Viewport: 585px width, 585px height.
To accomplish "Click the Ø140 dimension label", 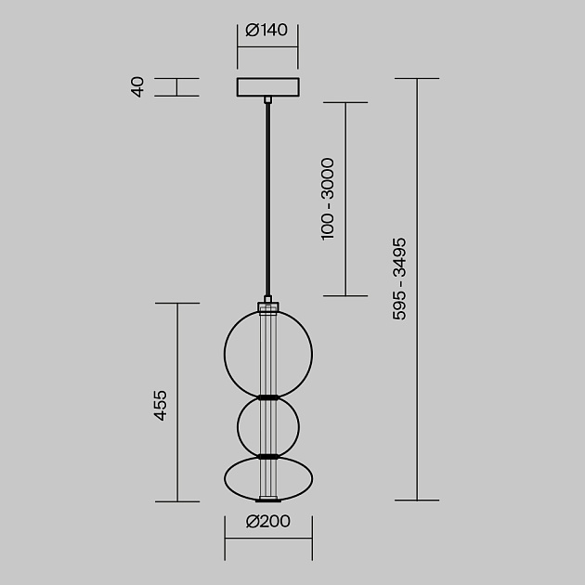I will point(267,31).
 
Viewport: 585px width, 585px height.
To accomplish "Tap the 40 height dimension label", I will point(138,87).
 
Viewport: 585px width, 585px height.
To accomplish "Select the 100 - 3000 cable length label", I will point(327,200).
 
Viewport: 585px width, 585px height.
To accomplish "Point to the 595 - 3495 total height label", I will point(399,279).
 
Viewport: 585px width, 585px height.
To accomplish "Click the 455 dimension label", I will point(160,405).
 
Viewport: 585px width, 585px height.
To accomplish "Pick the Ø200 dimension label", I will point(267,522).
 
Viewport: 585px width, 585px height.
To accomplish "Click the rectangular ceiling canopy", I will point(267,87).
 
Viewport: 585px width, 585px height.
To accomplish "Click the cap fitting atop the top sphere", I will point(268,304).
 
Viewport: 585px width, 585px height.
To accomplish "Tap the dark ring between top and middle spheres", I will point(268,397).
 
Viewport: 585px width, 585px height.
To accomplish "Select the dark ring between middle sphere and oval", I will point(268,456).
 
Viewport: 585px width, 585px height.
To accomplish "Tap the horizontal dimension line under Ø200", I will point(267,536).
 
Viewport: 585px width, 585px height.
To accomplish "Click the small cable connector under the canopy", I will point(268,98).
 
